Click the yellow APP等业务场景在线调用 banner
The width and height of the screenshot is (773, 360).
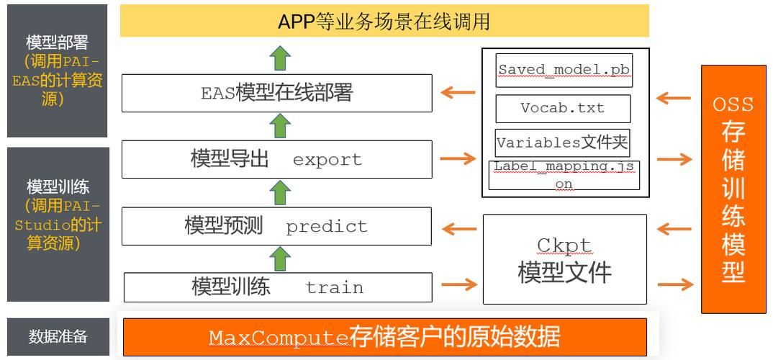384,21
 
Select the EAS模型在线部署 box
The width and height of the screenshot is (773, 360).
276,93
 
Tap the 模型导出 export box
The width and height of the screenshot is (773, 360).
276,159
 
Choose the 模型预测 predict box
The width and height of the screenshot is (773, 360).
276,226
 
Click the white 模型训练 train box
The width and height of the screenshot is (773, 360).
278,287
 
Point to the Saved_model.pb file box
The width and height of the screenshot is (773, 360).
564,70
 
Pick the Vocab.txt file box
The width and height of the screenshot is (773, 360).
563,108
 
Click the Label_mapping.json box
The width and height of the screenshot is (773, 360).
564,175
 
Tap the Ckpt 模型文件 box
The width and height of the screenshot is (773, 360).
564,260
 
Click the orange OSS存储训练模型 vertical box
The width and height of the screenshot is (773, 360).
733,189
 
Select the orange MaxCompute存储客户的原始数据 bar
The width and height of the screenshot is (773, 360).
385,337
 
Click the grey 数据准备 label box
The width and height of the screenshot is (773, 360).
58,336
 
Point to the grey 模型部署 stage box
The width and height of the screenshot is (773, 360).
58,71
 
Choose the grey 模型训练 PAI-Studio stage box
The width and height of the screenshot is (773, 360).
58,224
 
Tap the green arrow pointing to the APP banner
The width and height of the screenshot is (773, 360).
281,57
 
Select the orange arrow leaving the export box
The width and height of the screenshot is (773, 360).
458,159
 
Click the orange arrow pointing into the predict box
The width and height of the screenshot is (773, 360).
458,230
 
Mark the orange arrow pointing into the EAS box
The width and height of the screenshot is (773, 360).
458,93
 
